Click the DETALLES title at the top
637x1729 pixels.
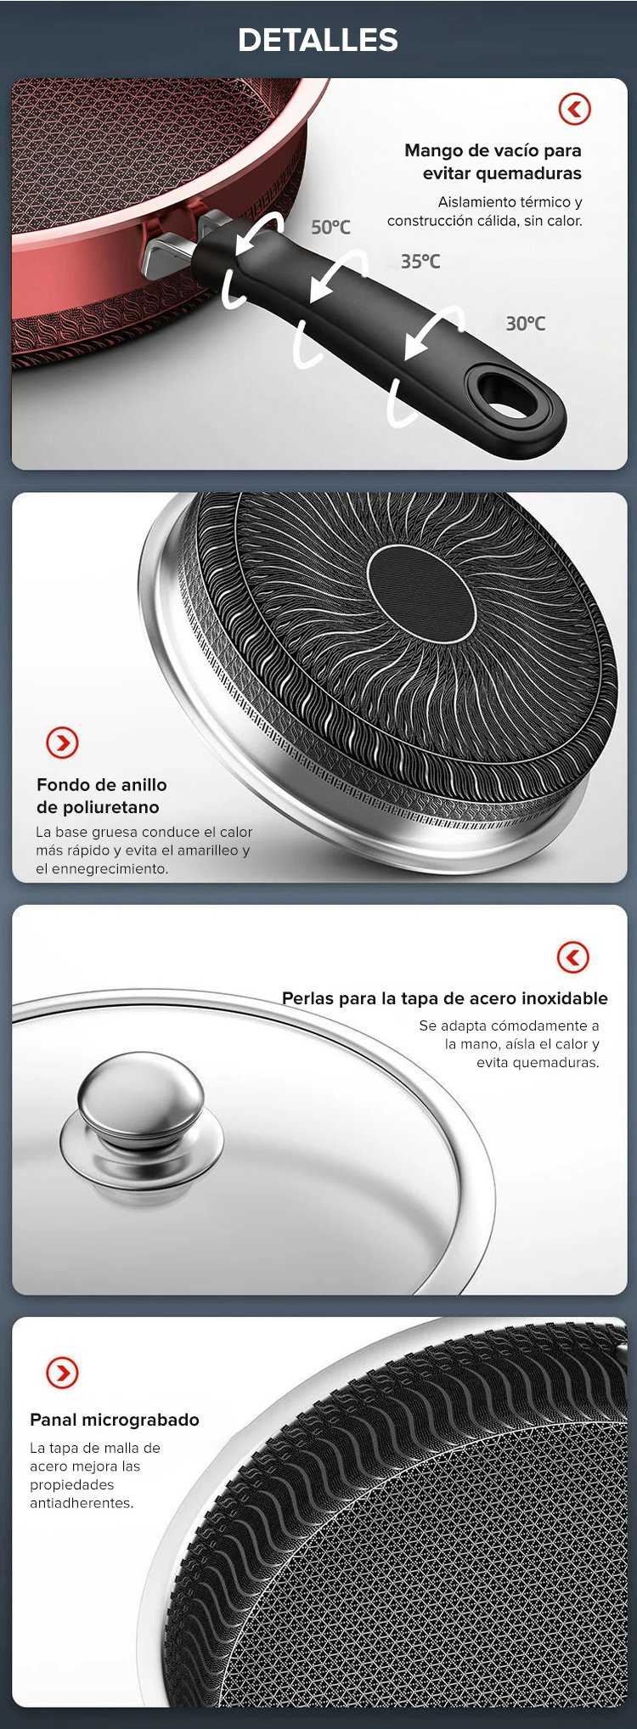pos(318,39)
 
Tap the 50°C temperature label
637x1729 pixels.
pos(330,227)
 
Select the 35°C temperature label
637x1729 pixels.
pos(420,261)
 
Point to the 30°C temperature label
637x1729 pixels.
pos(526,323)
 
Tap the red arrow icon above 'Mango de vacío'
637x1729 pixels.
pos(574,109)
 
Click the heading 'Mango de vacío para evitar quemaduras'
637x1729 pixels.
pos(493,161)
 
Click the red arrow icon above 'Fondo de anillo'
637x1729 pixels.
pos(62,743)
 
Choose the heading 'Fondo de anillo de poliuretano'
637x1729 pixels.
pos(102,795)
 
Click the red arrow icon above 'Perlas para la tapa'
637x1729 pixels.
pos(573,957)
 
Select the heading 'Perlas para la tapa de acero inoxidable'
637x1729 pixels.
pos(445,998)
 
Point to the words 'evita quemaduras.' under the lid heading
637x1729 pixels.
pos(538,1062)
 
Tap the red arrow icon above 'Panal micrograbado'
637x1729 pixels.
pos(62,1371)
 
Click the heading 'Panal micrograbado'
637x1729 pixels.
pos(115,1419)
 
